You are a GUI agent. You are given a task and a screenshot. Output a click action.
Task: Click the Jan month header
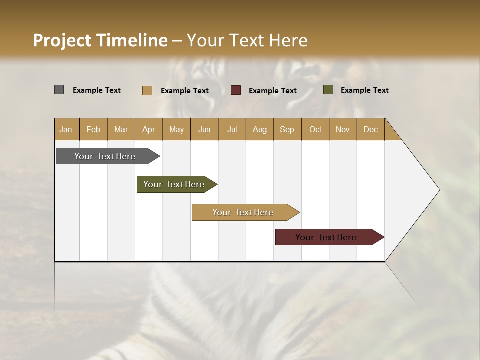pos(66,129)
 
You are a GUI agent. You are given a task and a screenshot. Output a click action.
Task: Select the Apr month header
pos(148,129)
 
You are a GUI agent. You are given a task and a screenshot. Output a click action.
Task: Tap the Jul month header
pos(232,129)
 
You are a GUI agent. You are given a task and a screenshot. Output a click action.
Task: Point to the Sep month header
pos(287,129)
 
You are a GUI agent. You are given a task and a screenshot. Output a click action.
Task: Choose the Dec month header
pos(370,129)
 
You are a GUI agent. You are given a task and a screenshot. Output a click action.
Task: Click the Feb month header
pos(93,129)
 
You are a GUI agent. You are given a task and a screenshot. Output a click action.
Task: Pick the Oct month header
pos(315,129)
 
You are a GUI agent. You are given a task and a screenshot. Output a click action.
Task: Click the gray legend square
pos(59,90)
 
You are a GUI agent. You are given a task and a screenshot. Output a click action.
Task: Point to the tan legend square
pos(147,90)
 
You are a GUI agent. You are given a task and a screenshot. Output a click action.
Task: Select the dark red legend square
pos(236,90)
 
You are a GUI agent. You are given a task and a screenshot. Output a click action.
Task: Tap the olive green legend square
pos(328,90)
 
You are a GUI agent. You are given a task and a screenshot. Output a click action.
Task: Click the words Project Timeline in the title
pos(100,40)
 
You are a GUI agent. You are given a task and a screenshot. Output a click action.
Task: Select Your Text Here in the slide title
pos(247,40)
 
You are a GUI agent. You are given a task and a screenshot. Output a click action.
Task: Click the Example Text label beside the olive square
pos(364,90)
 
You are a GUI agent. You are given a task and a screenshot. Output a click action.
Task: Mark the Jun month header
pos(204,129)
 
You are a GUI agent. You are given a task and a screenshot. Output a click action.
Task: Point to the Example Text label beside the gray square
pos(97,90)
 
